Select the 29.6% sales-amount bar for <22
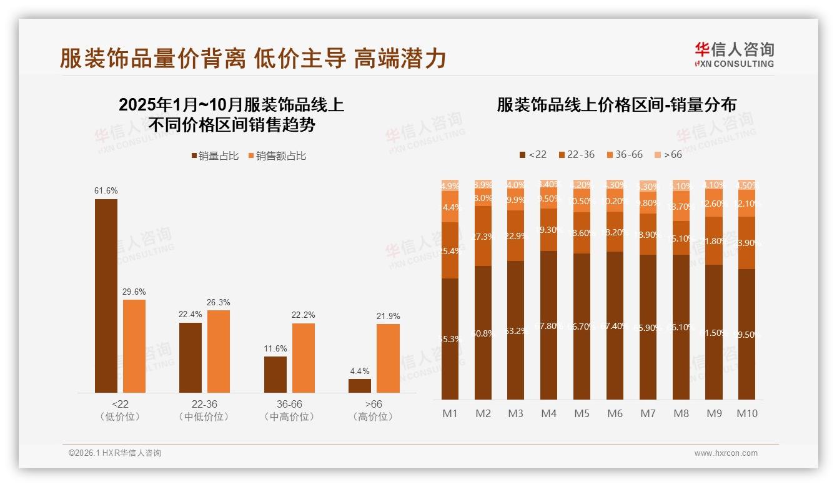point(134,346)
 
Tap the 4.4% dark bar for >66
point(360,386)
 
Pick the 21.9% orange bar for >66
point(388,358)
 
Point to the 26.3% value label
point(219,303)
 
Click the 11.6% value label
point(275,349)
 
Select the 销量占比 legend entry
point(215,156)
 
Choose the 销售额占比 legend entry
point(277,156)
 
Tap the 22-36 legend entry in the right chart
point(577,154)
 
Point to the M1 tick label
point(450,413)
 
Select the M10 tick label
point(747,413)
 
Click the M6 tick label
point(615,413)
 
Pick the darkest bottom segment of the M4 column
point(549,325)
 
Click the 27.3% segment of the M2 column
point(483,236)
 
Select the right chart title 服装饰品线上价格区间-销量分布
point(617,104)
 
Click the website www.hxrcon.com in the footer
point(726,453)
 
